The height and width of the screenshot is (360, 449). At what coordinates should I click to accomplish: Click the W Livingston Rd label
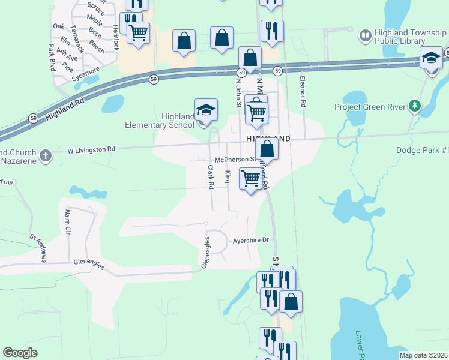pos(91,149)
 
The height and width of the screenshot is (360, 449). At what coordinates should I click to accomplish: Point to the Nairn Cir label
pos(67,223)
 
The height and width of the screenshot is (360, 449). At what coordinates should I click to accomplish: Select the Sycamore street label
pos(68,77)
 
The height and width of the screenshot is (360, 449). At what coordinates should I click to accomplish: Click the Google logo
pos(20,353)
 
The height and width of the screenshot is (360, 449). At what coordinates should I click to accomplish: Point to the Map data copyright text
pos(424,355)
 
